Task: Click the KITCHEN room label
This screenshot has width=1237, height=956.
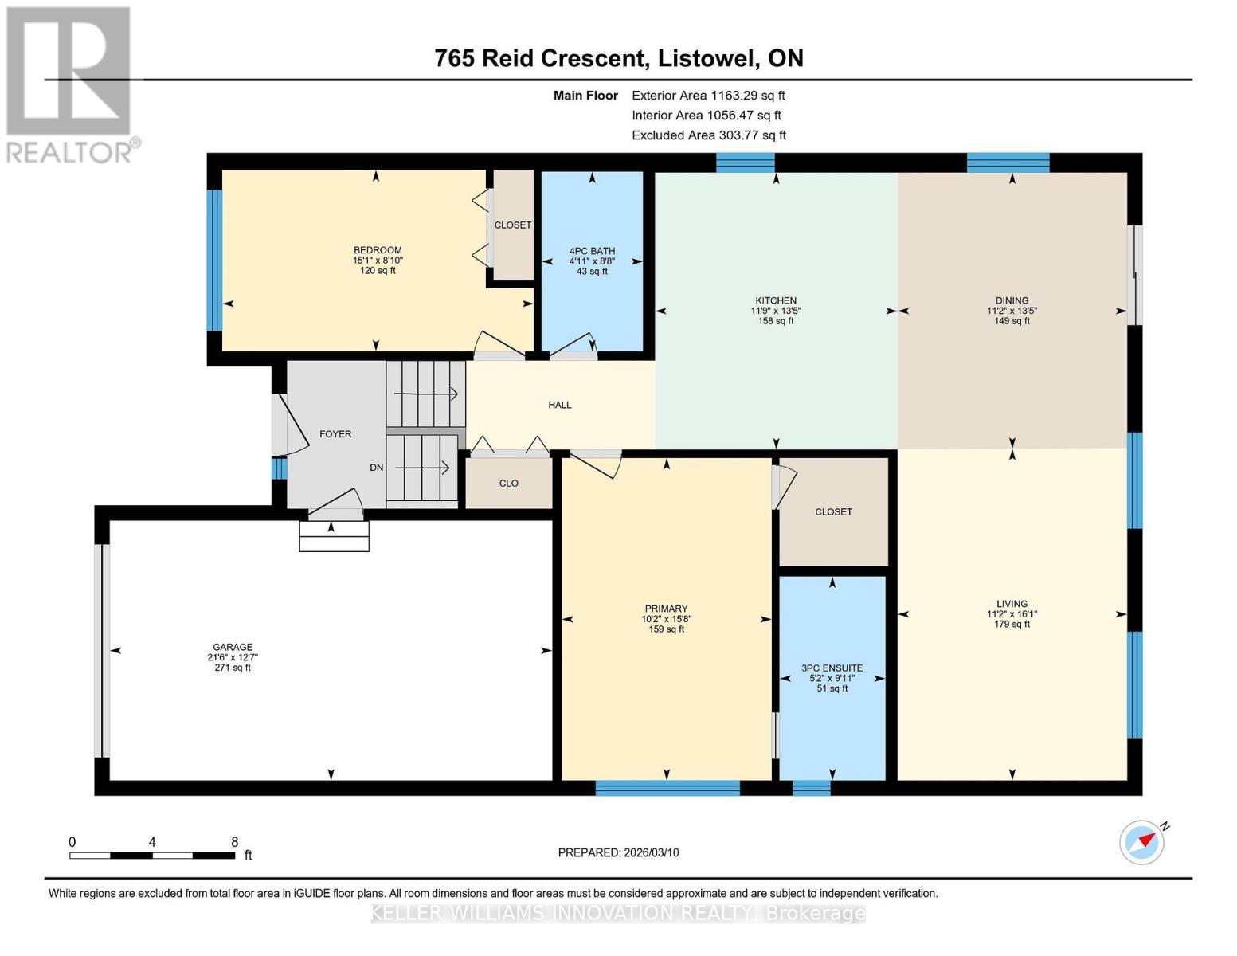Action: pyautogui.click(x=775, y=300)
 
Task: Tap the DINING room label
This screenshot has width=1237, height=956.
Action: pyautogui.click(x=1012, y=300)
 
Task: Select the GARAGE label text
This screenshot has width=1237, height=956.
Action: pyautogui.click(x=233, y=647)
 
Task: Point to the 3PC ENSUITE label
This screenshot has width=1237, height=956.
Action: pyautogui.click(x=832, y=668)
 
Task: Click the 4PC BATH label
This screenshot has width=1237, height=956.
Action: pyautogui.click(x=592, y=251)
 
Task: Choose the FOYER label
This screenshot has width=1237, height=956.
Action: pyautogui.click(x=335, y=434)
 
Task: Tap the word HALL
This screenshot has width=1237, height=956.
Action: pyautogui.click(x=560, y=405)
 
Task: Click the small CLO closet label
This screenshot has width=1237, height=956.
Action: pyautogui.click(x=508, y=484)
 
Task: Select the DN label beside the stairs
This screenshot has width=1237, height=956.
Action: pyautogui.click(x=376, y=468)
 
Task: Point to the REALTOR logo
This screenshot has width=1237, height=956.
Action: pyautogui.click(x=69, y=84)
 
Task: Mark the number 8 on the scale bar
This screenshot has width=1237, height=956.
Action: pyautogui.click(x=234, y=841)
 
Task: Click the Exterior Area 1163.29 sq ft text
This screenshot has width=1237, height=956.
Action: pyautogui.click(x=708, y=96)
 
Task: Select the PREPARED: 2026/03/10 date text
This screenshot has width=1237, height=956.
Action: pyautogui.click(x=618, y=852)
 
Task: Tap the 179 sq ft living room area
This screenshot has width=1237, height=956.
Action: pyautogui.click(x=1012, y=624)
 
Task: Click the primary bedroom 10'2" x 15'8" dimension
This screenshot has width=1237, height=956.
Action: pyautogui.click(x=666, y=619)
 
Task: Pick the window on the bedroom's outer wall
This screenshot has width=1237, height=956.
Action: pyautogui.click(x=214, y=261)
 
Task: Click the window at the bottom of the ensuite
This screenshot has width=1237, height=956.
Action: pyautogui.click(x=811, y=788)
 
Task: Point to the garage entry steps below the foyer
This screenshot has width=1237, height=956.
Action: pyautogui.click(x=335, y=536)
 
